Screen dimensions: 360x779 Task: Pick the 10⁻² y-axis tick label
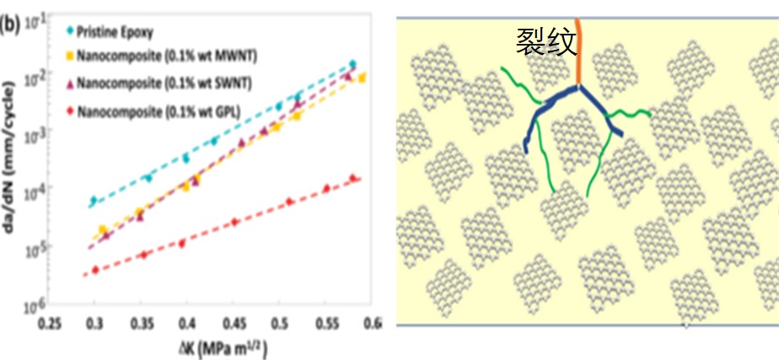pyautogui.click(x=35, y=79)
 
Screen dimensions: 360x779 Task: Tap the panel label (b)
pyautogui.click(x=10, y=24)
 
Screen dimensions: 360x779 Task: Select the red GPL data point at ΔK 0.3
pyautogui.click(x=94, y=269)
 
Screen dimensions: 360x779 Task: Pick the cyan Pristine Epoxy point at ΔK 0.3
pyautogui.click(x=94, y=201)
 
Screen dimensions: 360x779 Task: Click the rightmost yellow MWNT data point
pyautogui.click(x=362, y=78)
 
